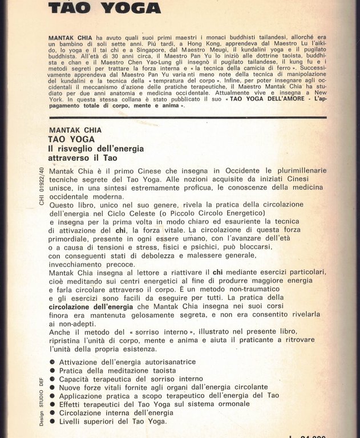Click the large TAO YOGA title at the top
point(104,8)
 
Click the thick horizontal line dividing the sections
point(188,117)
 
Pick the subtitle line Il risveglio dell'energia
point(95,148)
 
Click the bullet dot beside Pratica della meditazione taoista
point(52,370)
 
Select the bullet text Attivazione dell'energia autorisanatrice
point(127,362)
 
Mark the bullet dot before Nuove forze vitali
point(52,387)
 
